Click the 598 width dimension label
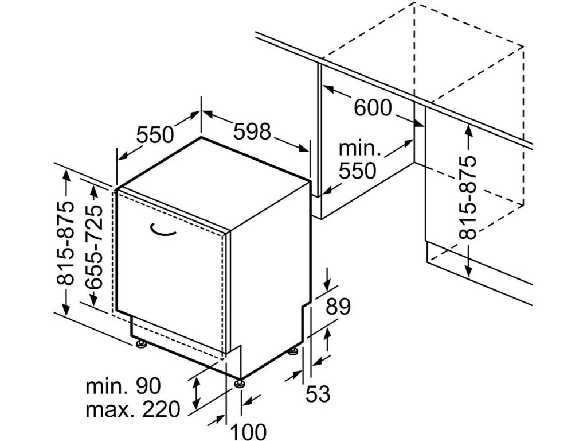[x=252, y=132]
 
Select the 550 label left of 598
[x=155, y=134]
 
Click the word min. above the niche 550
[x=359, y=148]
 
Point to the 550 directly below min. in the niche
[x=357, y=171]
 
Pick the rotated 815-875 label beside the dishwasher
[x=68, y=243]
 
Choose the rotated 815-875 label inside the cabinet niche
[x=469, y=198]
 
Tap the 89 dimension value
[x=338, y=307]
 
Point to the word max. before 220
[x=108, y=409]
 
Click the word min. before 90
[x=106, y=386]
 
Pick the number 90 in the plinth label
[x=148, y=386]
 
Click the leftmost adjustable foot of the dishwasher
[x=141, y=344]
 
